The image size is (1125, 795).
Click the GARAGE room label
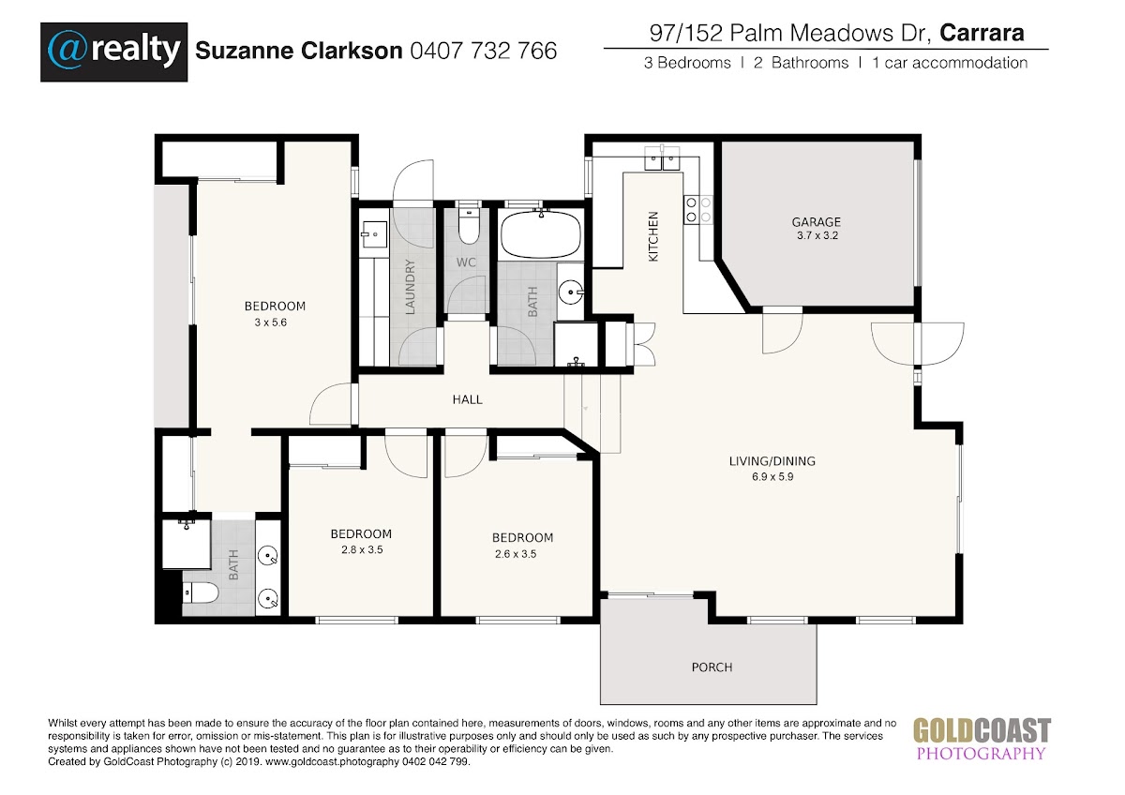[x=817, y=221]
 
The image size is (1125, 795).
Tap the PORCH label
[x=712, y=667]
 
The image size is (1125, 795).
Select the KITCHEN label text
[x=652, y=236]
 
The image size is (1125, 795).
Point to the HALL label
[x=467, y=399]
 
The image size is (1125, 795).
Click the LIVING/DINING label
[x=772, y=460]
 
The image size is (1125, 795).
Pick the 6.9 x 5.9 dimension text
[x=772, y=476]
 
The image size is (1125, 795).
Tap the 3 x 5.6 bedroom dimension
[x=270, y=322]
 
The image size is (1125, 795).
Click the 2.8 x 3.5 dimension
[x=362, y=549]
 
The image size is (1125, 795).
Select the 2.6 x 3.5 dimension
[x=516, y=554]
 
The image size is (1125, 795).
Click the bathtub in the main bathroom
[x=540, y=234]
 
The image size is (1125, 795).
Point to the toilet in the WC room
[x=469, y=225]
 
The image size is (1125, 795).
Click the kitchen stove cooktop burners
[x=698, y=210]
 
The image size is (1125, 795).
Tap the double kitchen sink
[x=662, y=157]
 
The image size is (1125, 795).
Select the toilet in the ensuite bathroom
[x=200, y=593]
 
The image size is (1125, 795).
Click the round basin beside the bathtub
[x=571, y=292]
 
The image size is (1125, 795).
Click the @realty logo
[x=114, y=52]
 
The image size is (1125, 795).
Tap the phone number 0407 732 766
[x=484, y=51]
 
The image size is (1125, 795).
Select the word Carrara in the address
[x=982, y=33]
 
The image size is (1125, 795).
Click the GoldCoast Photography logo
[x=982, y=739]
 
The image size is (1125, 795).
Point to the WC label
[x=466, y=262]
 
